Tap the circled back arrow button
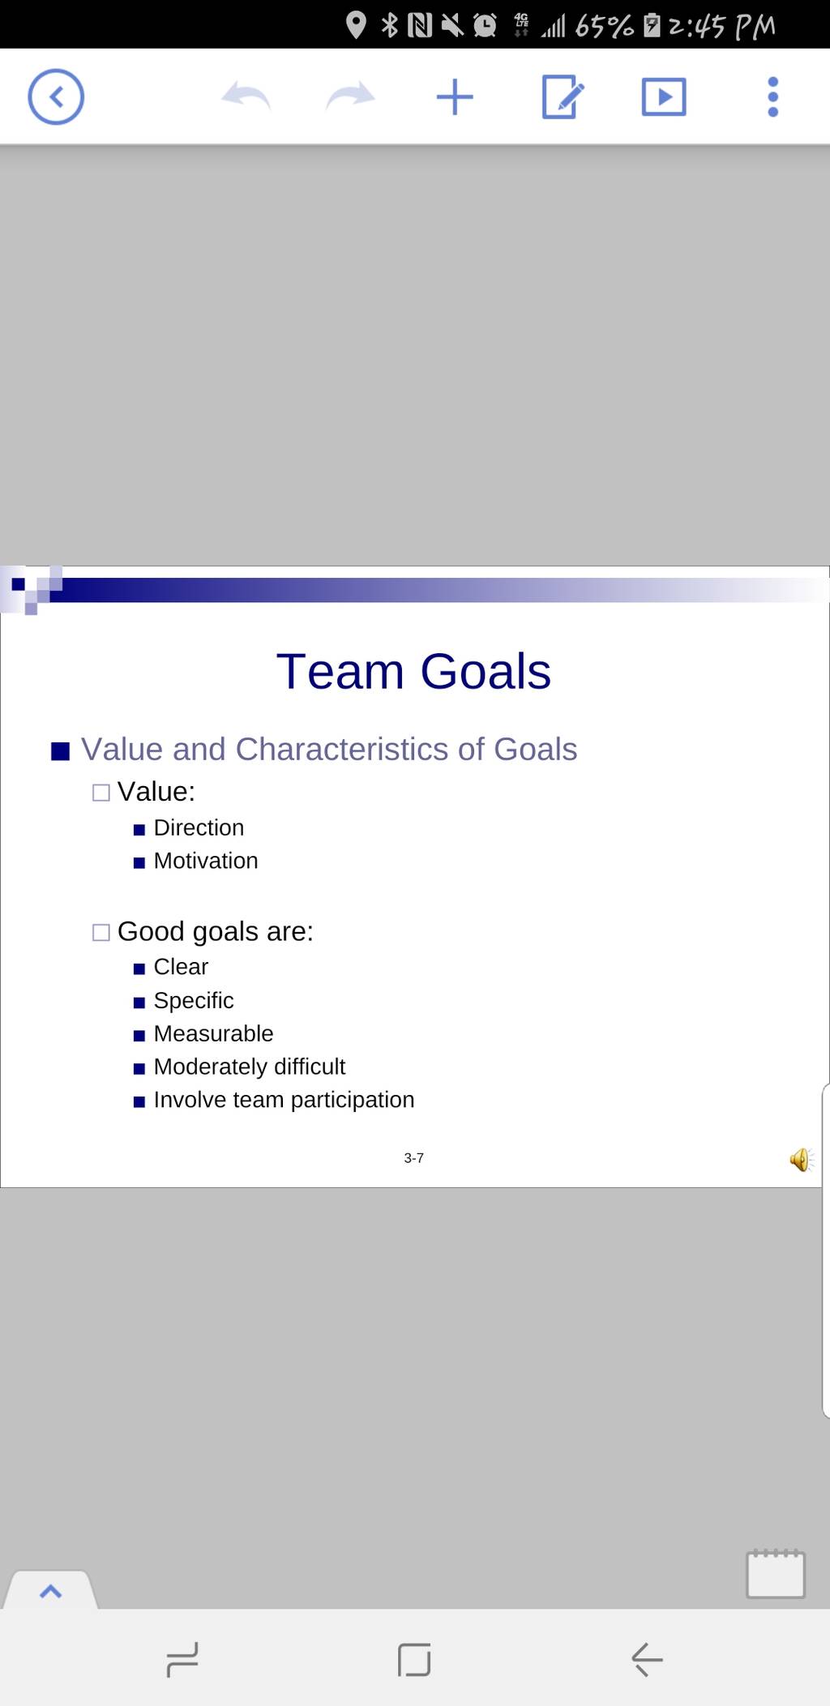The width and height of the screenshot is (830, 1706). (x=56, y=97)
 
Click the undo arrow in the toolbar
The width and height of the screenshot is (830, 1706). (x=246, y=96)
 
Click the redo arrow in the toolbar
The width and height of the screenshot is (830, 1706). (x=350, y=96)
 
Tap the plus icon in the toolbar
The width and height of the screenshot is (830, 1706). (x=455, y=97)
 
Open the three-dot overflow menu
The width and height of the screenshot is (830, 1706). (x=772, y=97)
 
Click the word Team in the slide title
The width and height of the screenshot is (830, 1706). (x=340, y=672)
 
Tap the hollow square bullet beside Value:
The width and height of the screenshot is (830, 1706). (x=101, y=793)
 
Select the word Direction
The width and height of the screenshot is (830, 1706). (x=199, y=827)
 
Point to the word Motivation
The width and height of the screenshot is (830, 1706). (x=206, y=861)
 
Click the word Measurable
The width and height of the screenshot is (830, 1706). (x=213, y=1033)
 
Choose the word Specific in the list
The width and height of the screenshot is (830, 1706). (x=194, y=1001)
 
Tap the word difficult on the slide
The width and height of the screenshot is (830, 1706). (x=310, y=1067)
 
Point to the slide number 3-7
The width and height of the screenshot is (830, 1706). (x=413, y=1158)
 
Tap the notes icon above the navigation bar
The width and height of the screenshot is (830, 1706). (x=776, y=1574)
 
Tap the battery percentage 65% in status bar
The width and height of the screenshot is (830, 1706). (x=604, y=27)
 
